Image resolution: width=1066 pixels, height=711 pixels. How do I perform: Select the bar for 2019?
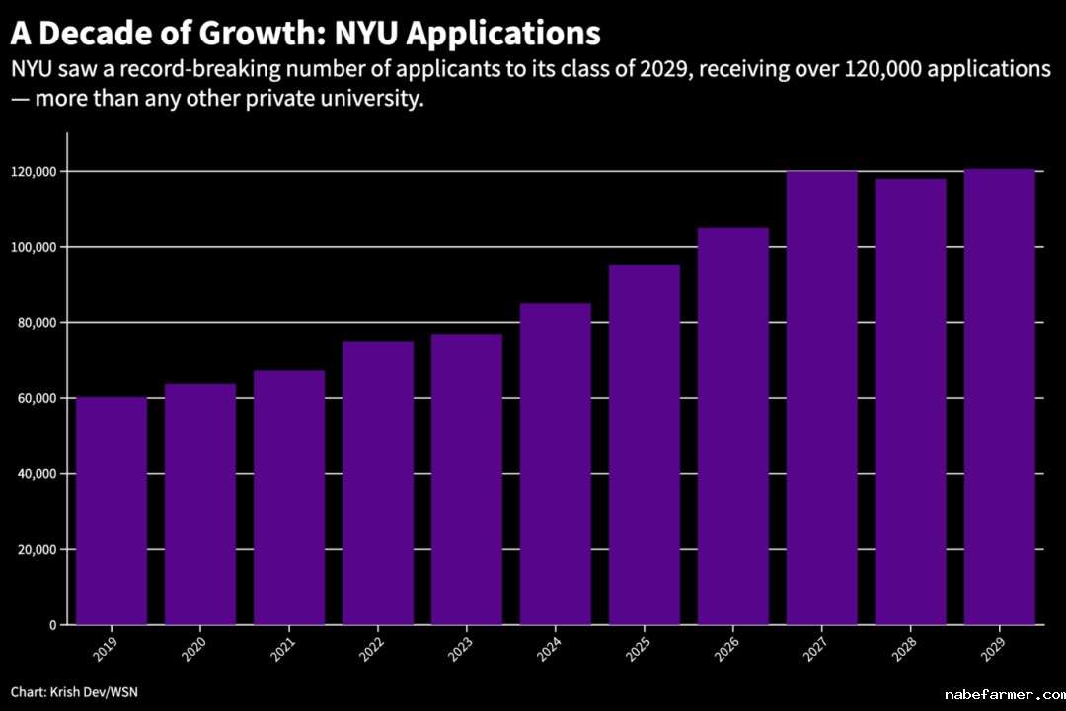tap(112, 511)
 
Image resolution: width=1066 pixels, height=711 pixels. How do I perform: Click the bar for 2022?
tap(378, 483)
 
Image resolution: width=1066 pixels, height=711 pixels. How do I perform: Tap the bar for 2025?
tap(645, 444)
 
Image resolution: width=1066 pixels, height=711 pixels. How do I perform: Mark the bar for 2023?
tap(467, 479)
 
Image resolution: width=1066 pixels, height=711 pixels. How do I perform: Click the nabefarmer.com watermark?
tap(1001, 694)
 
